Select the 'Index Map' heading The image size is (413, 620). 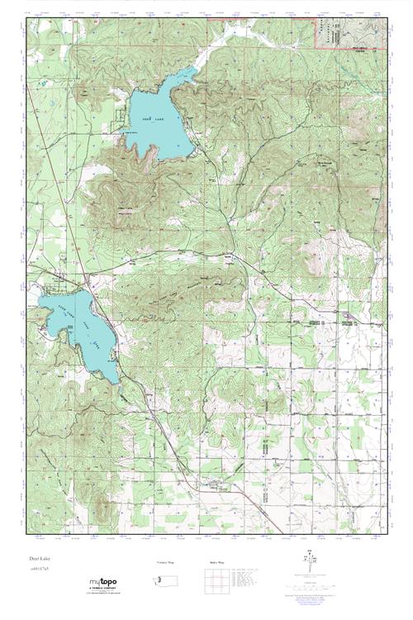tap(213, 563)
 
